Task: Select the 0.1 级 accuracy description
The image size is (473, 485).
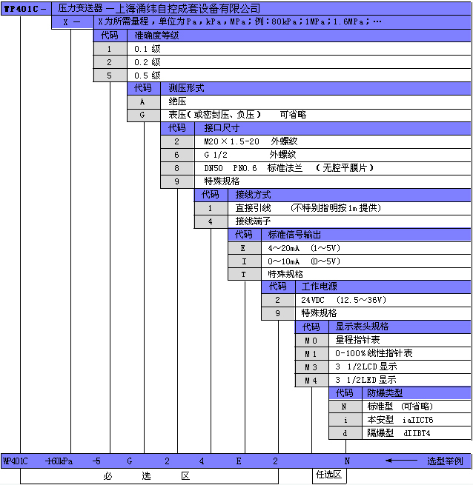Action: point(147,49)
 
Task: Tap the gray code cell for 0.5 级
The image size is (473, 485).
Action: point(110,76)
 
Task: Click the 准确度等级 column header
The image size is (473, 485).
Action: point(156,36)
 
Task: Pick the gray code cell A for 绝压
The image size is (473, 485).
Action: point(143,101)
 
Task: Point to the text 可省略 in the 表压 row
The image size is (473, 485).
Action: point(293,115)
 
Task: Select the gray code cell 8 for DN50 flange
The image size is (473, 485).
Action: point(177,168)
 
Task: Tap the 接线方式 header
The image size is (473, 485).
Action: point(253,195)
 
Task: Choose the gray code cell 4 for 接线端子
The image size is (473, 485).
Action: point(211,221)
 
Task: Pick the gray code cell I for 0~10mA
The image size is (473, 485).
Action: point(244,261)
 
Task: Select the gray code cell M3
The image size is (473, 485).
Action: point(311,367)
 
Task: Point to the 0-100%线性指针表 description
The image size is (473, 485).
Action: point(374,353)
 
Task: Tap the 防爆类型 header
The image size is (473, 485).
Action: point(385,393)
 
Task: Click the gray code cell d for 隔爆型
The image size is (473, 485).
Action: point(345,433)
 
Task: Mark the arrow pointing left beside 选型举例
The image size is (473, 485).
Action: point(401,461)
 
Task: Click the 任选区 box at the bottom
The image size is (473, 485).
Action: point(329,475)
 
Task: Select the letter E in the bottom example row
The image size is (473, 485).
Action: point(239,461)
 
